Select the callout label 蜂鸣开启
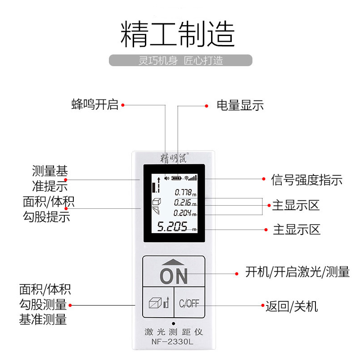pyautogui.click(x=94, y=105)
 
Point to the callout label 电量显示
pyautogui.click(x=240, y=106)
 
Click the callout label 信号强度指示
pyautogui.click(x=306, y=180)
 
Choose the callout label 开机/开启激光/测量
pyautogui.click(x=297, y=272)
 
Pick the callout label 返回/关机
pyautogui.click(x=292, y=306)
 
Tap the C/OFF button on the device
pyautogui.click(x=189, y=303)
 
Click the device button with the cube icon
pyautogui.click(x=158, y=303)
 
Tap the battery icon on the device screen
pyautogui.click(x=177, y=178)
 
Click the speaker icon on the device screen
pyautogui.click(x=167, y=178)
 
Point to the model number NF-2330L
pyautogui.click(x=173, y=342)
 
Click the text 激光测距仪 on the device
pyautogui.click(x=173, y=333)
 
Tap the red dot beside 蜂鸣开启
pyautogui.click(x=123, y=105)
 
